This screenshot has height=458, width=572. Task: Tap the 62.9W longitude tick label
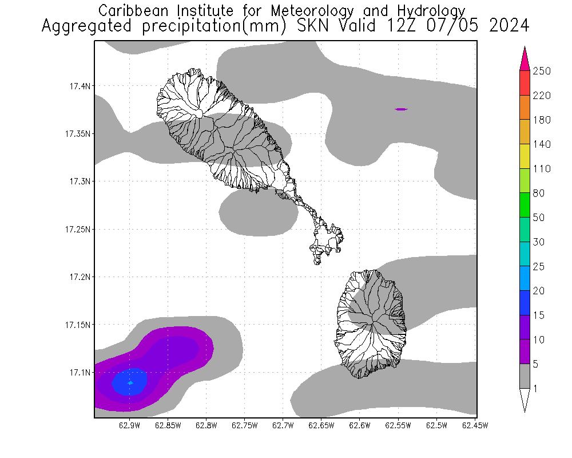(x=130, y=425)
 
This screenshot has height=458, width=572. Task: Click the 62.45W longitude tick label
(x=475, y=425)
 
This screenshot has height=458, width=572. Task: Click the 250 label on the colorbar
(x=541, y=71)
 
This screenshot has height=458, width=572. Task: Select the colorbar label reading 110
(x=541, y=169)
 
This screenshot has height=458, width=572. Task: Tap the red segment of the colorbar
(x=525, y=82)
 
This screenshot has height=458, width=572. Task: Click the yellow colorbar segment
(x=525, y=156)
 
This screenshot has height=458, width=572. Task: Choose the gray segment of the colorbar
(x=525, y=376)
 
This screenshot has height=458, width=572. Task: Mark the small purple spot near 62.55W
(x=401, y=109)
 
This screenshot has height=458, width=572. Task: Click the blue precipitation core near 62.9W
(x=129, y=382)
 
